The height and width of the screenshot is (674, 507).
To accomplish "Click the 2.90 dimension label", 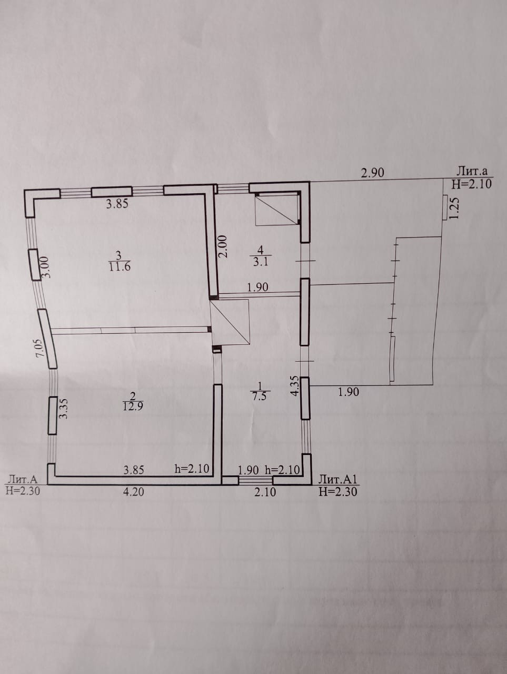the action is tap(372, 172).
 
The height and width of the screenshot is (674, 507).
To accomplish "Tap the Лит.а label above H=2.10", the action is tap(472, 171).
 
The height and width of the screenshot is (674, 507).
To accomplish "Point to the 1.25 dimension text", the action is tap(456, 207).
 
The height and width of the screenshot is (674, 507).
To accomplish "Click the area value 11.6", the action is tap(119, 266).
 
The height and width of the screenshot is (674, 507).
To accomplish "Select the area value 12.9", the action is tap(121, 405).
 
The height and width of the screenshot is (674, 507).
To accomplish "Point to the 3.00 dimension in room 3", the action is tap(45, 267).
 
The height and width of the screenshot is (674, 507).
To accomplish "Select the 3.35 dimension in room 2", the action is tap(64, 409).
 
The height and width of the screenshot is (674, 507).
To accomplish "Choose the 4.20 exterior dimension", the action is tap(134, 492).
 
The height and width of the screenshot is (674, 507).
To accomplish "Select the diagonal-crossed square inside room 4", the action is tap(276, 210).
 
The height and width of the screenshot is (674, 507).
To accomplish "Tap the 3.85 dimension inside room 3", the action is tap(117, 204).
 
